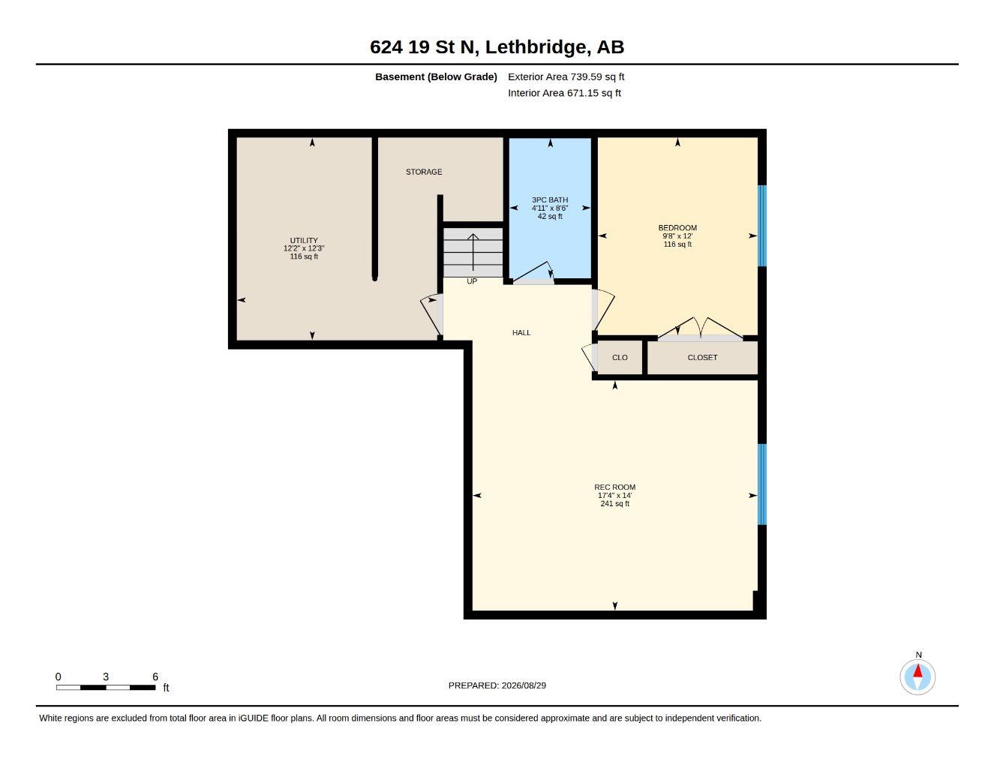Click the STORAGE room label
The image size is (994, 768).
[x=424, y=172]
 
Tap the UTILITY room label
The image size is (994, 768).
[x=304, y=241]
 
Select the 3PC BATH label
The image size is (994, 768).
[x=550, y=199]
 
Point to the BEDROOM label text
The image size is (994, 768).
[x=677, y=228]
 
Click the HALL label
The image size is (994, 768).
[x=521, y=333]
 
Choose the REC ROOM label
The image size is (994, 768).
[x=615, y=487]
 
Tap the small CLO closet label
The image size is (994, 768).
[x=620, y=358]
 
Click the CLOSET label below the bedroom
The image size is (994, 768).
[x=702, y=358]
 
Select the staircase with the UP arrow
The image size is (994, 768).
[x=473, y=252]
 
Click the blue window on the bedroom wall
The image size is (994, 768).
[x=762, y=226]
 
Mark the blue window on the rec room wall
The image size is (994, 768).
[x=762, y=484]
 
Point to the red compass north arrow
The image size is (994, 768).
[x=917, y=671]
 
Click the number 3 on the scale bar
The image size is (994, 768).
[x=106, y=676]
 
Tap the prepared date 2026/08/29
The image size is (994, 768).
[x=524, y=685]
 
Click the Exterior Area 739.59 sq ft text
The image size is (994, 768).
[x=566, y=76]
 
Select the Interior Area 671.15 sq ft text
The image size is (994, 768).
[x=564, y=93]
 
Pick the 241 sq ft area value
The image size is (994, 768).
[x=615, y=504]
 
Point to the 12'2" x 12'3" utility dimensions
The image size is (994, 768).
[x=304, y=249]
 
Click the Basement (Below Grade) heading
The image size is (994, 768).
[x=436, y=76]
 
